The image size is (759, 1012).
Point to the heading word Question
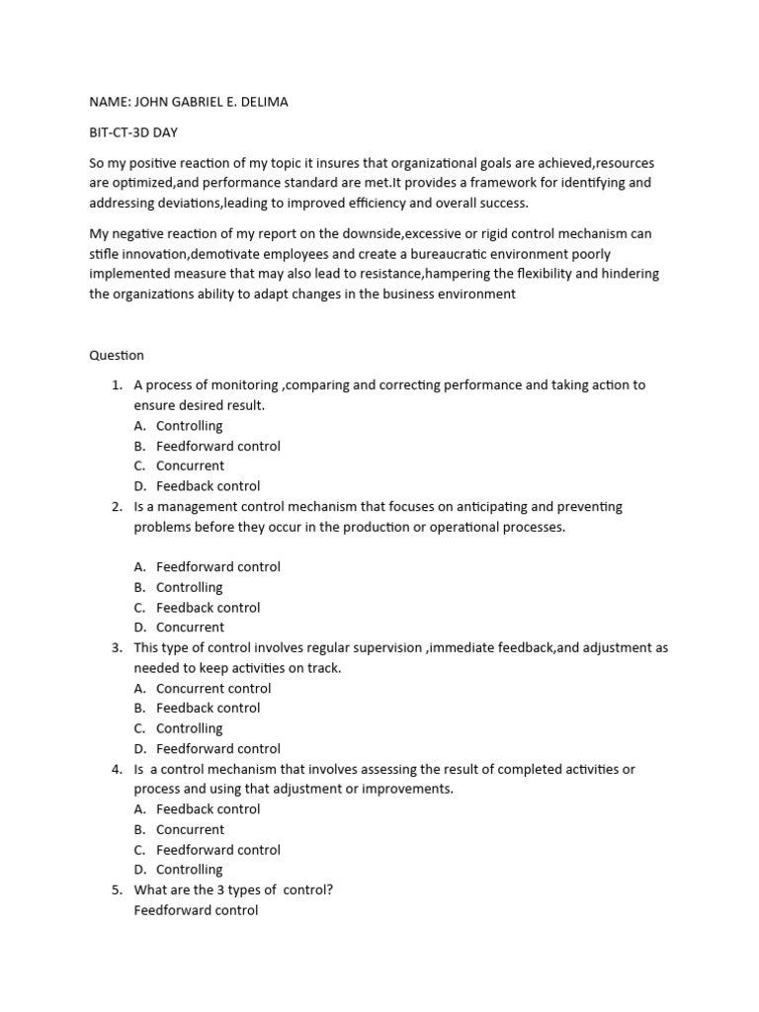[x=116, y=355]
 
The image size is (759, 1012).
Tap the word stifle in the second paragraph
[x=103, y=254]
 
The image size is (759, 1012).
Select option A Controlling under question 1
[x=190, y=426]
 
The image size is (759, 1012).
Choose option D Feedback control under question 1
[x=208, y=486]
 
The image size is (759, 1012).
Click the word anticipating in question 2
[x=500, y=507]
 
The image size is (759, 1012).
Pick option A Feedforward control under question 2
[x=217, y=567]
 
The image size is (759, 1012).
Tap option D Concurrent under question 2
[x=190, y=628]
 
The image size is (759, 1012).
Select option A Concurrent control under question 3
[x=213, y=689]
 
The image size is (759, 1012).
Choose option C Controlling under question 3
[x=190, y=728]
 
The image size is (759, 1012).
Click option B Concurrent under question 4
[x=190, y=829]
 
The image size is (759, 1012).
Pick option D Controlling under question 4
[x=190, y=870]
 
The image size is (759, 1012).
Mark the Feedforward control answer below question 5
[x=196, y=910]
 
